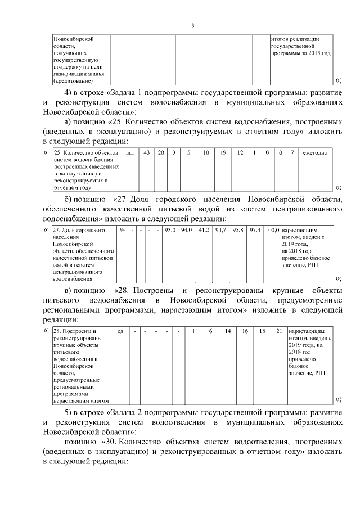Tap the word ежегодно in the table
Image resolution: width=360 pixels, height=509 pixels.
tap(311, 152)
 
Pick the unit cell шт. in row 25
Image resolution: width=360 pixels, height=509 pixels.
tap(130, 152)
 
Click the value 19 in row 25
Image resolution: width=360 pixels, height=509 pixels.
tap(223, 152)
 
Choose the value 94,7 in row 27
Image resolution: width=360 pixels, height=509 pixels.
tap(220, 230)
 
